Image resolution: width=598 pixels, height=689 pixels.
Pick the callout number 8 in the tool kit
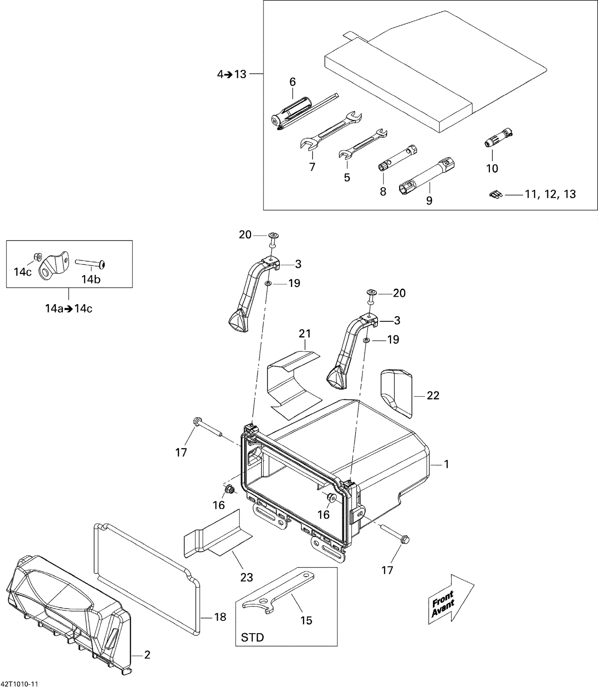[x=383, y=192]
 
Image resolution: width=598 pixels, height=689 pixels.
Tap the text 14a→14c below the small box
[x=69, y=309]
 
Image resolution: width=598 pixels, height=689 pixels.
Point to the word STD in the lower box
[x=252, y=638]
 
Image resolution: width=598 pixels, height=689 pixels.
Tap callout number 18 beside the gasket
[x=220, y=617]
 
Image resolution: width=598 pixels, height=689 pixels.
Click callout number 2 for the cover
[x=147, y=655]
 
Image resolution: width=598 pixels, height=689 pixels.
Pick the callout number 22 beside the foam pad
[x=433, y=395]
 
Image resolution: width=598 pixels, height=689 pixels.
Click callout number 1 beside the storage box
[x=447, y=464]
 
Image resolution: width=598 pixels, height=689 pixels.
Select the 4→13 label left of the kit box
[x=232, y=74]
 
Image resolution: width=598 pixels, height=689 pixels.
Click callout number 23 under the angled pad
[x=246, y=577]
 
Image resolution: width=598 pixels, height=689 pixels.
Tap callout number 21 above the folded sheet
[x=305, y=334]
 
